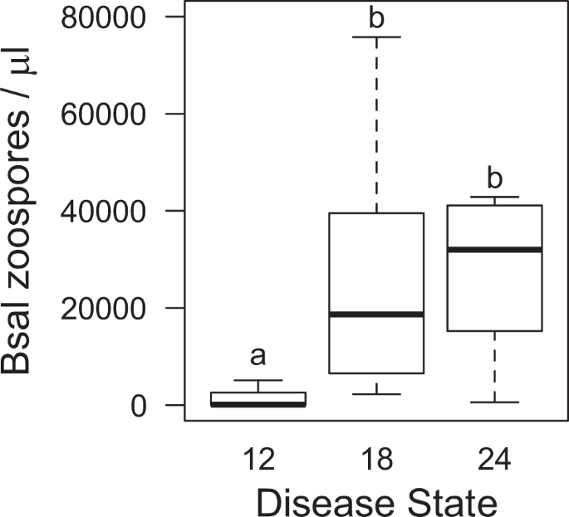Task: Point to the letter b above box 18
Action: [376, 18]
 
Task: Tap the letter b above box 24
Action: [495, 179]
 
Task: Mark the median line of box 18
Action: [376, 315]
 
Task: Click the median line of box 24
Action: [495, 250]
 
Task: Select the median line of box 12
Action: [258, 404]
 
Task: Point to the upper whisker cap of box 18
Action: [376, 37]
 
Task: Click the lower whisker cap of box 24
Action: [495, 402]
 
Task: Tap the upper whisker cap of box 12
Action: [258, 380]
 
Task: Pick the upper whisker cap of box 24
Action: [495, 198]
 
